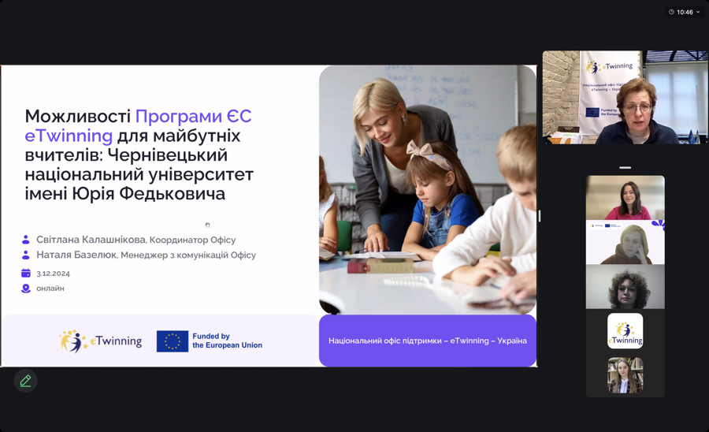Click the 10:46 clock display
(x=685, y=12)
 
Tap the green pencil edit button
(x=25, y=382)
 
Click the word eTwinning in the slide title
(x=69, y=136)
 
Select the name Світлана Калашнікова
(x=91, y=240)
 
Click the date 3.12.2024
(x=53, y=274)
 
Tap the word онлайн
(x=50, y=289)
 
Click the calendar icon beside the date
(x=26, y=273)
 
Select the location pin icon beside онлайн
(x=26, y=289)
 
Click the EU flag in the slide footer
(x=172, y=341)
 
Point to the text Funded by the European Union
(x=227, y=341)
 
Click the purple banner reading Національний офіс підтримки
(x=427, y=341)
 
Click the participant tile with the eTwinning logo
(x=625, y=331)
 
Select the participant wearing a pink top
(x=625, y=198)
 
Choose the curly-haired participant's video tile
(x=625, y=287)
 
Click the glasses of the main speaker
(x=637, y=106)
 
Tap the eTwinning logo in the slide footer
(x=101, y=341)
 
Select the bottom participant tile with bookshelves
(x=625, y=375)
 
